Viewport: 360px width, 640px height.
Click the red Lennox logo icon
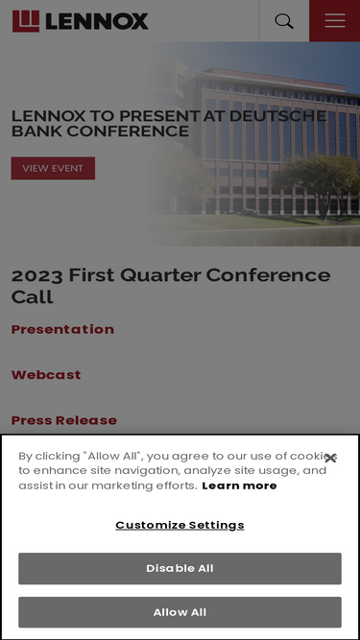tap(26, 21)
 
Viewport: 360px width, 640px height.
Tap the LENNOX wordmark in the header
tap(97, 21)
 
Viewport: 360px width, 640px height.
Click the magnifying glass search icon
tap(284, 21)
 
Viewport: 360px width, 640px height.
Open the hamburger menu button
tap(335, 20)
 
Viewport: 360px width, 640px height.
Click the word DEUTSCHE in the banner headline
tap(277, 116)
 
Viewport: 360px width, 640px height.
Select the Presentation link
tap(62, 329)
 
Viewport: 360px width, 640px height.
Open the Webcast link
tap(46, 375)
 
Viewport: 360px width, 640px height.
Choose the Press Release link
tap(64, 420)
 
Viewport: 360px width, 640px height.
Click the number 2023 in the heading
tap(37, 275)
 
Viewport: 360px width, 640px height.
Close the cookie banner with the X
tap(330, 458)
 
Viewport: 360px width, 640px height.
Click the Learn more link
tap(239, 486)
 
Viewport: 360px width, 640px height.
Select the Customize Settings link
tap(180, 525)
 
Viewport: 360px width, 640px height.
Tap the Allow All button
tap(180, 612)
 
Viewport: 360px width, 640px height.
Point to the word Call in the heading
tap(33, 296)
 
